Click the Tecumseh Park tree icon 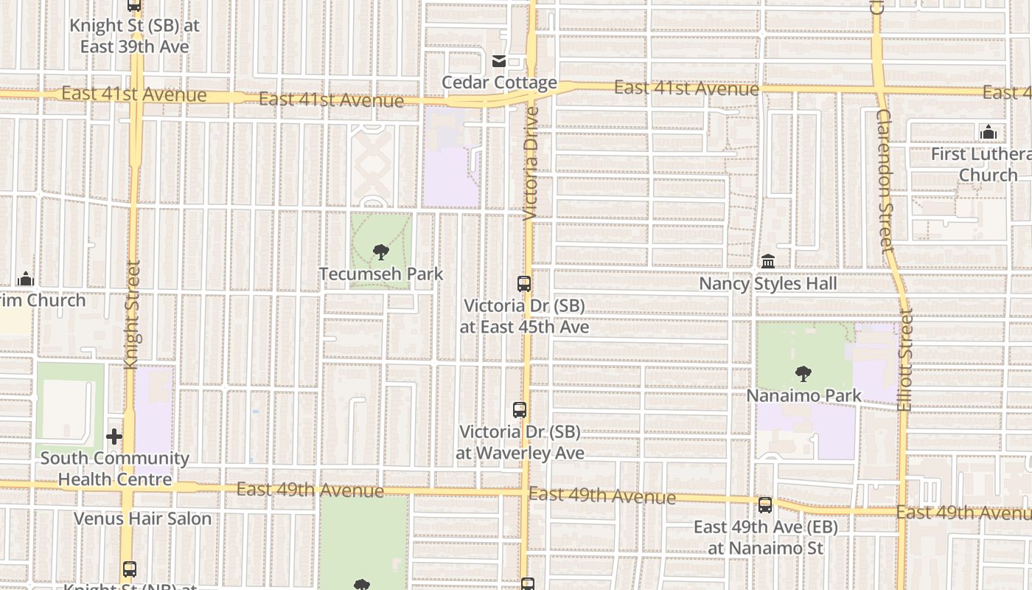click(380, 253)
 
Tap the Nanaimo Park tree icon click(803, 374)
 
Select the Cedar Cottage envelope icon click(499, 60)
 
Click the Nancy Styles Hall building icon click(768, 261)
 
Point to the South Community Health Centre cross click(114, 437)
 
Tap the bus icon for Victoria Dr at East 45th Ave click(524, 283)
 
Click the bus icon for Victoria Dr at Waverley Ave click(520, 410)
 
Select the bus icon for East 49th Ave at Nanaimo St click(765, 505)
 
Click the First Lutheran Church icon click(989, 133)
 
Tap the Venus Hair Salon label click(142, 518)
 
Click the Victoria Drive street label click(531, 164)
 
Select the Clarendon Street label click(884, 181)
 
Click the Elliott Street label click(905, 359)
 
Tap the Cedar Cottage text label click(499, 82)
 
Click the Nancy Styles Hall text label click(767, 284)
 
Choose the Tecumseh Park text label click(381, 274)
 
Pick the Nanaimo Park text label click(803, 395)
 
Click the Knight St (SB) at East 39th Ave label click(134, 35)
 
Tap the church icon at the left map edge click(26, 279)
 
